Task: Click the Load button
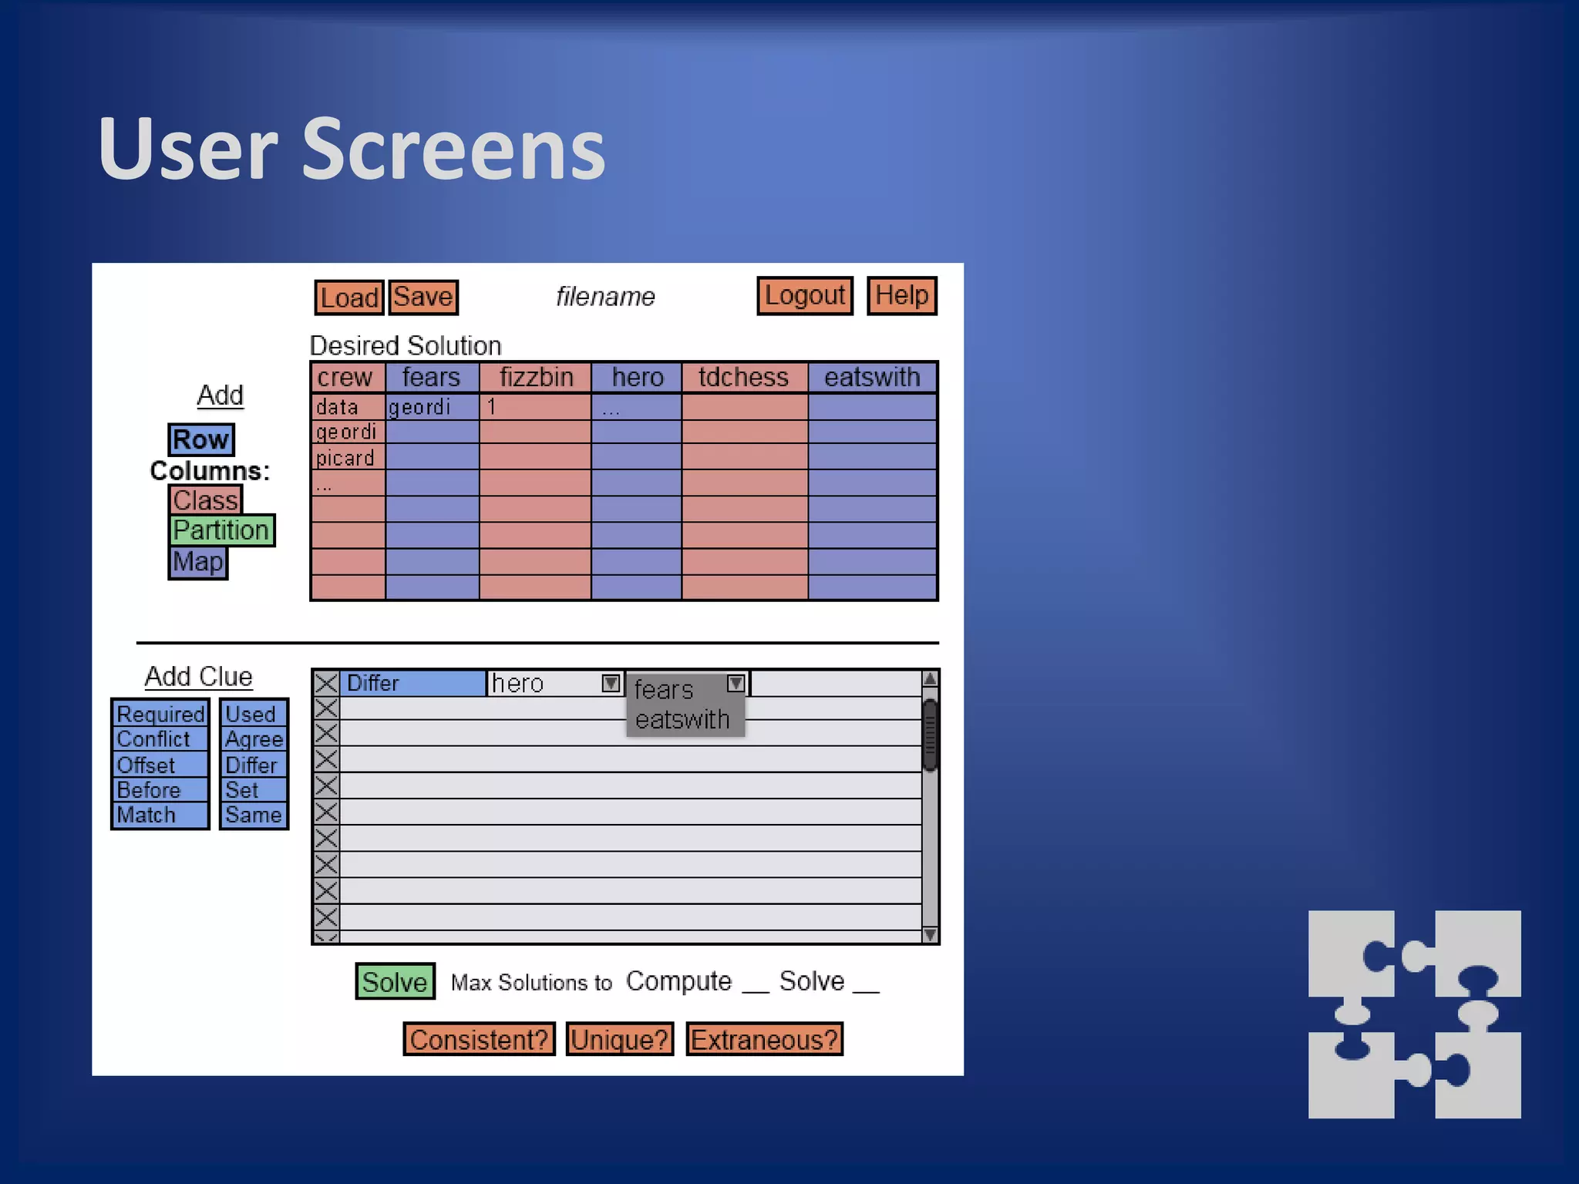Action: [x=349, y=298]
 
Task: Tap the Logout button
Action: [x=804, y=296]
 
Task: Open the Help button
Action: [x=901, y=296]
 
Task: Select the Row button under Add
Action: [x=201, y=439]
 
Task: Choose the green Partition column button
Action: [x=222, y=530]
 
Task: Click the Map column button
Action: [x=198, y=562]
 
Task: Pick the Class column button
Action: [x=205, y=500]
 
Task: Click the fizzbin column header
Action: [x=536, y=378]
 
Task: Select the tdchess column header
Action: [x=744, y=378]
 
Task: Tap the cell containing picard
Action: [x=347, y=458]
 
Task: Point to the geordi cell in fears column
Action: [x=431, y=407]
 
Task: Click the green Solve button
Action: [x=395, y=981]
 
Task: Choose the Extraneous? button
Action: [x=764, y=1039]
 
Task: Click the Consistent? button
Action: [x=479, y=1039]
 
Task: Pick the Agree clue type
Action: [x=254, y=739]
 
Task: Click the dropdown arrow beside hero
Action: [x=611, y=684]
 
